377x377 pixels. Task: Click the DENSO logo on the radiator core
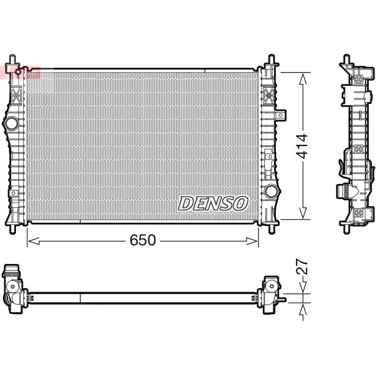pyautogui.click(x=213, y=204)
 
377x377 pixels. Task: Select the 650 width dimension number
pyautogui.click(x=143, y=240)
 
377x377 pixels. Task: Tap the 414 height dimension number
pyautogui.click(x=302, y=146)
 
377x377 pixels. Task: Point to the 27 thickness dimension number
pyautogui.click(x=302, y=266)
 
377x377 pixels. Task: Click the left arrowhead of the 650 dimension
pyautogui.click(x=33, y=241)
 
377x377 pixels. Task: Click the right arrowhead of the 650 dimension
pyautogui.click(x=253, y=241)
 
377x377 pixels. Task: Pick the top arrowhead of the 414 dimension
pyautogui.click(x=303, y=79)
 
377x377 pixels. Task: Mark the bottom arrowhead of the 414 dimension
pyautogui.click(x=303, y=213)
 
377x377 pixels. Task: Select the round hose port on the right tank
pyautogui.click(x=271, y=191)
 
